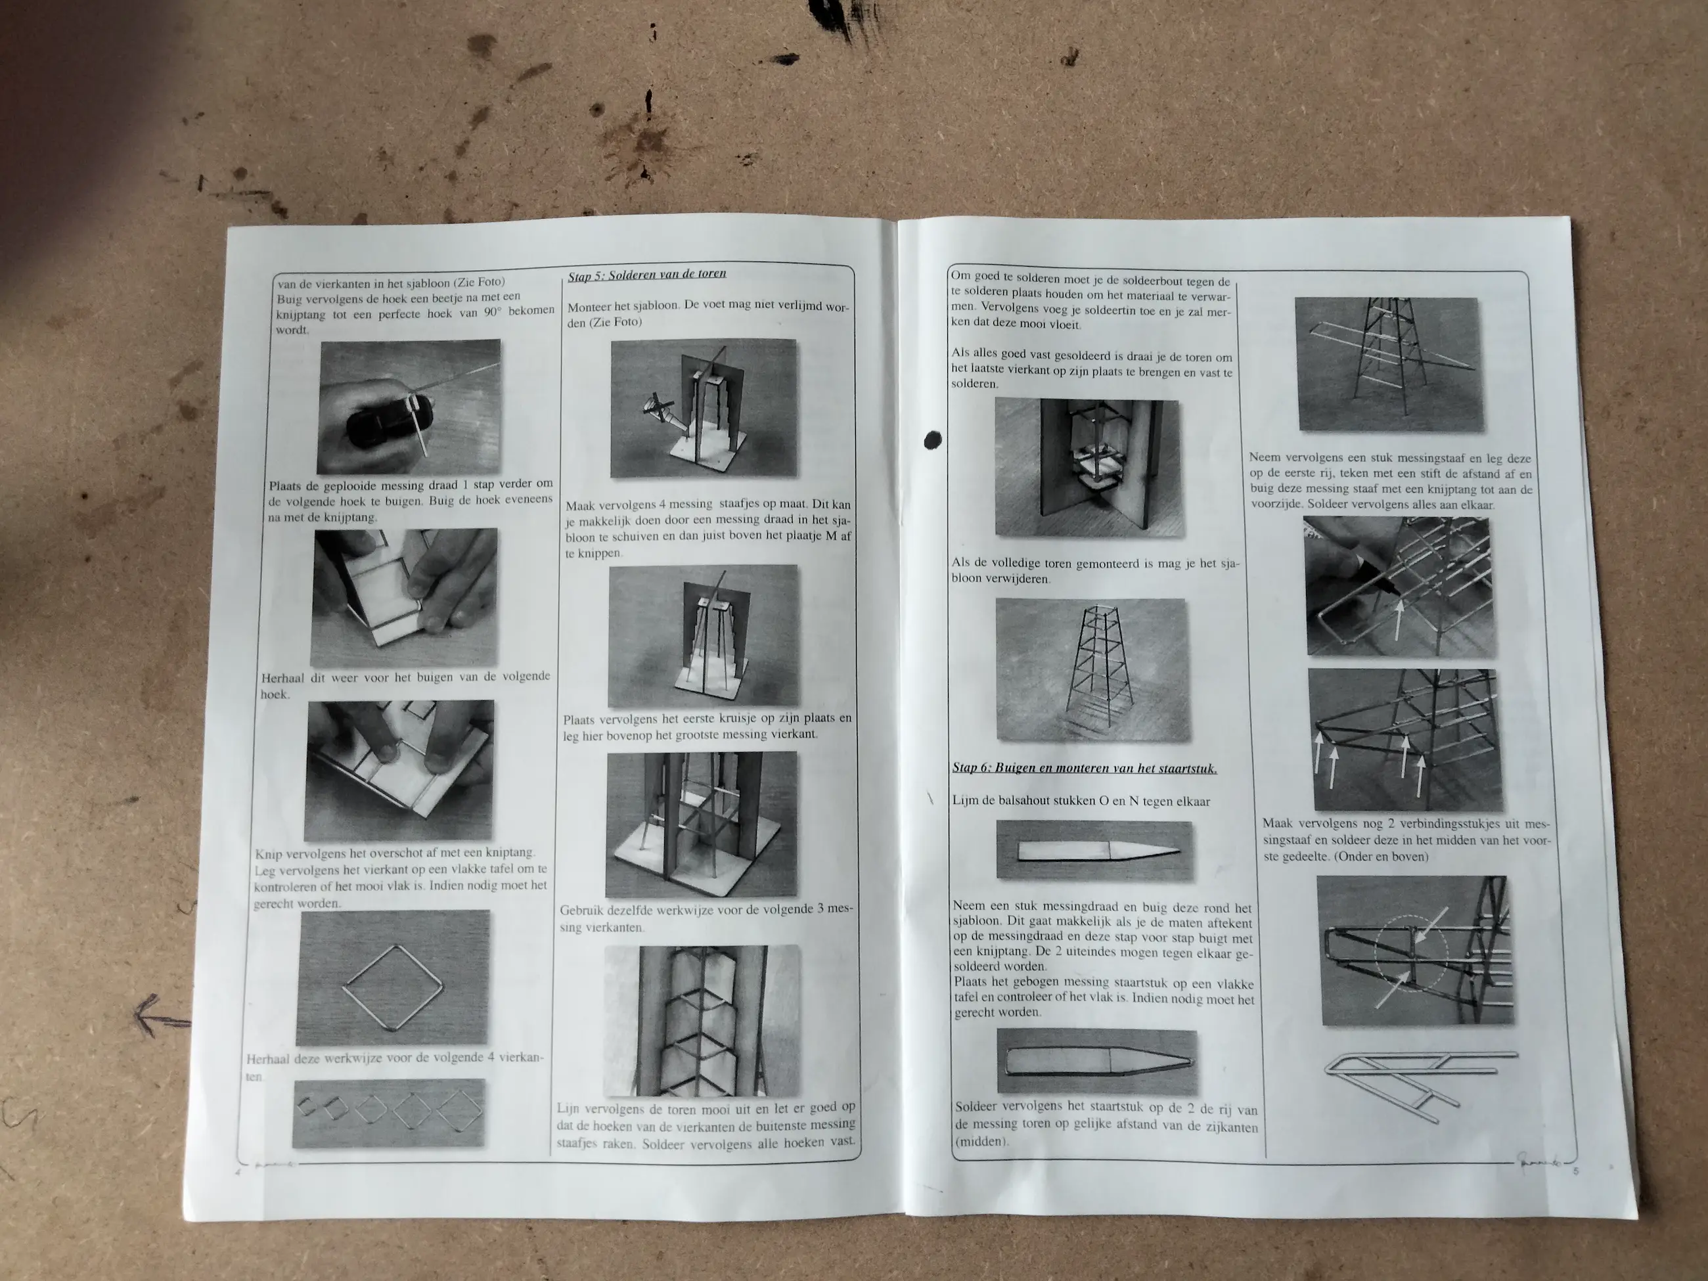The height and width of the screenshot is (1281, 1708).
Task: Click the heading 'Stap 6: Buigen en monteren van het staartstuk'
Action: (1085, 767)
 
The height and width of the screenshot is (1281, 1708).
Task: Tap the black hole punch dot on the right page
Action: (933, 440)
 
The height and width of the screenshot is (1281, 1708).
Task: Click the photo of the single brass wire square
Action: (393, 977)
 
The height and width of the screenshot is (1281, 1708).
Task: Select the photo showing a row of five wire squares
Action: (388, 1113)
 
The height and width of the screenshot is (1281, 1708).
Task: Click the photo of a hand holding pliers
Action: (409, 407)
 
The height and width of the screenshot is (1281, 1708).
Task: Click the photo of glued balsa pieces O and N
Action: (1094, 850)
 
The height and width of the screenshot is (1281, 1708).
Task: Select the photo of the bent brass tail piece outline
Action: (1097, 1062)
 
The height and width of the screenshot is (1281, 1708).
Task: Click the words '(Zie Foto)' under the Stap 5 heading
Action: (604, 322)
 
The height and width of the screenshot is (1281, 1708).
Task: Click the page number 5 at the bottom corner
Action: (1576, 1171)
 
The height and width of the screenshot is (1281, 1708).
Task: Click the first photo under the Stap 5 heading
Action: (704, 409)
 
